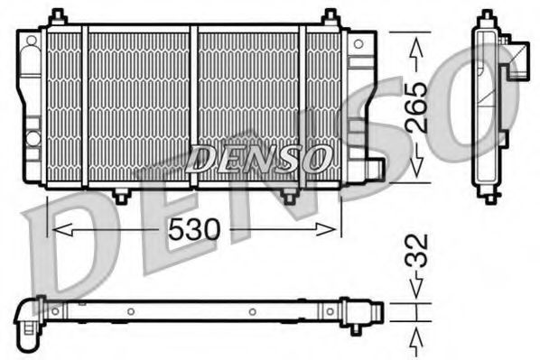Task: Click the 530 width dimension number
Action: click(x=193, y=230)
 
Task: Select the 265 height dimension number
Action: click(x=417, y=107)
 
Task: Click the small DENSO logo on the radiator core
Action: click(x=257, y=160)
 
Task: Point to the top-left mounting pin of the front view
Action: click(x=58, y=16)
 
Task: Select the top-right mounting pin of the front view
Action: click(x=331, y=16)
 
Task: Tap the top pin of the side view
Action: click(x=488, y=13)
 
